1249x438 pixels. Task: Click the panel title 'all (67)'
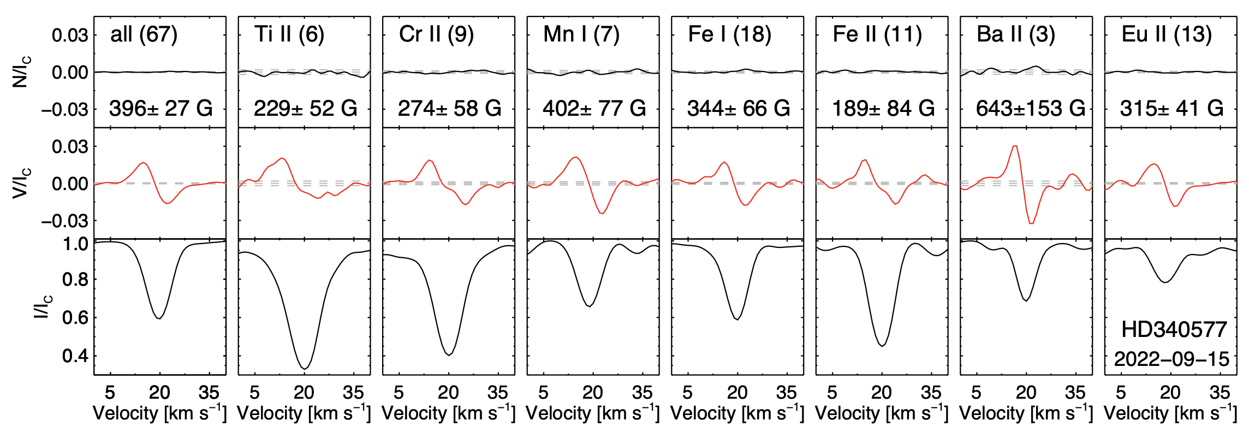(x=144, y=35)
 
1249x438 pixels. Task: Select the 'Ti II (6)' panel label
(x=289, y=35)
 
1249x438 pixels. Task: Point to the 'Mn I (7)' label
(x=581, y=35)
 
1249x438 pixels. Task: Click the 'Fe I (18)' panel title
(x=729, y=35)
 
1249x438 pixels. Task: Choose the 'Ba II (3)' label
(x=1015, y=35)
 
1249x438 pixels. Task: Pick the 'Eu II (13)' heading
(x=1167, y=35)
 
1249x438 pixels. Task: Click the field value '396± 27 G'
(x=161, y=109)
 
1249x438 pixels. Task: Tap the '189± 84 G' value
(x=883, y=109)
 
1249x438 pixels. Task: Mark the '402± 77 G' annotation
(x=594, y=109)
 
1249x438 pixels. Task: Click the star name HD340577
(x=1174, y=330)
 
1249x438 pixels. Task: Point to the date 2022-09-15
(x=1171, y=359)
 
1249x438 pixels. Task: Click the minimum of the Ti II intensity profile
(x=305, y=369)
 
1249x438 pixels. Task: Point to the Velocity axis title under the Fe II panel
(x=882, y=413)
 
